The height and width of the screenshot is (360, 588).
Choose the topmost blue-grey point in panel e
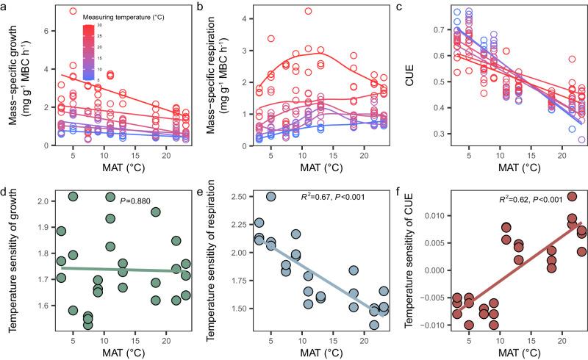click(x=271, y=197)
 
